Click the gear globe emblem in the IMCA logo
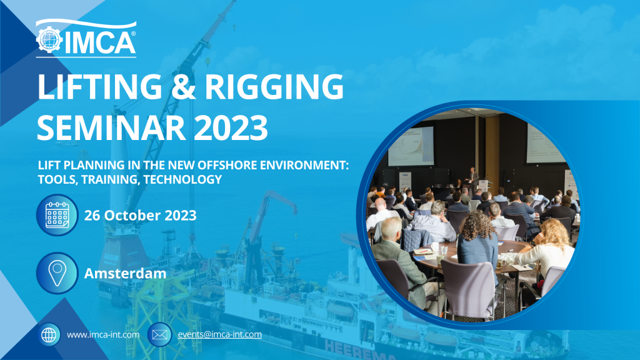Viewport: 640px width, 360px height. (49, 39)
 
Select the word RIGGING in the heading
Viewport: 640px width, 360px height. (274, 86)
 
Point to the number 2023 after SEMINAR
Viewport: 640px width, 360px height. (231, 127)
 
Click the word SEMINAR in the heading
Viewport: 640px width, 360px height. (112, 127)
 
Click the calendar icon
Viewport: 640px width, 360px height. (57, 215)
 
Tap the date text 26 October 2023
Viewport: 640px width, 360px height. (141, 215)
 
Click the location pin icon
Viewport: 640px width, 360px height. (57, 273)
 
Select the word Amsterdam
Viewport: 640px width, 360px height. (125, 273)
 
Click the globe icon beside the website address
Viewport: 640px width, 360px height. (49, 335)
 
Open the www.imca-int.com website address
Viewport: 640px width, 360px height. (103, 335)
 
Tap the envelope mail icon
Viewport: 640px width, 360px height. (159, 335)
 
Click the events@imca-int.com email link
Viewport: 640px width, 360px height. (219, 334)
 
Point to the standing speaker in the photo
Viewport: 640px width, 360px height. (472, 180)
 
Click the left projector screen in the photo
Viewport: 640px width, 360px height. (411, 146)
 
